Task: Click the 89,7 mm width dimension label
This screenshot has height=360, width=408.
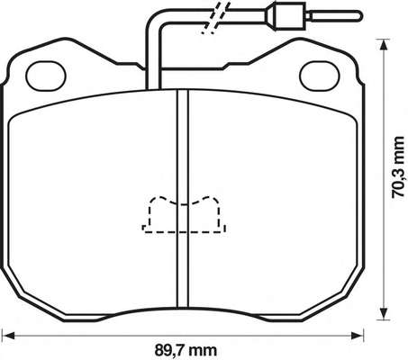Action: pyautogui.click(x=186, y=349)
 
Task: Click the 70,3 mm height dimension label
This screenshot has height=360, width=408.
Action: pyautogui.click(x=399, y=166)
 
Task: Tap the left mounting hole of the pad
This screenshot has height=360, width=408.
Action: pyautogui.click(x=46, y=76)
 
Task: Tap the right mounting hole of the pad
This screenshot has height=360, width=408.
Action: pyautogui.click(x=320, y=76)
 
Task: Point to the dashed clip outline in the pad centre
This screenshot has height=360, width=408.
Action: pyautogui.click(x=184, y=214)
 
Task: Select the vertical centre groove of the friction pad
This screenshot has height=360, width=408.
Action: pyautogui.click(x=183, y=199)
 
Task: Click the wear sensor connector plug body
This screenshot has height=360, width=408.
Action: pyautogui.click(x=290, y=15)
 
